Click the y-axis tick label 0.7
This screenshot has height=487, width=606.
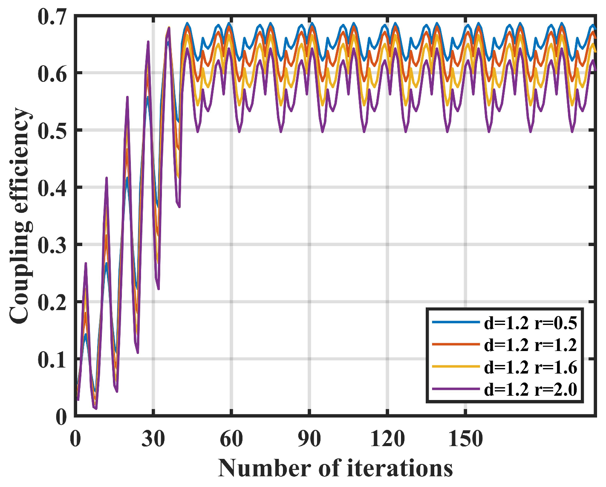click(x=53, y=17)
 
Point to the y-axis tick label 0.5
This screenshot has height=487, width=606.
click(x=53, y=131)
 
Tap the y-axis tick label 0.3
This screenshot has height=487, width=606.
click(x=53, y=245)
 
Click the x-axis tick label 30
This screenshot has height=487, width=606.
click(x=153, y=438)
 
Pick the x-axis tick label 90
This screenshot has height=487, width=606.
click(x=309, y=438)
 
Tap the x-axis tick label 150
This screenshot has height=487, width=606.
click(x=465, y=438)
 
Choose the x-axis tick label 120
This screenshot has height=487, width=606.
click(x=387, y=438)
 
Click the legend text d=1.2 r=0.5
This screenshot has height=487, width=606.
click(x=530, y=323)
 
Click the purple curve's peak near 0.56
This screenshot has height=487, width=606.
click(x=127, y=97)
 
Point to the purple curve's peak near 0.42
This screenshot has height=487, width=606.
click(x=107, y=178)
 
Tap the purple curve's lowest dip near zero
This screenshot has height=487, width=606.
click(x=96, y=408)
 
